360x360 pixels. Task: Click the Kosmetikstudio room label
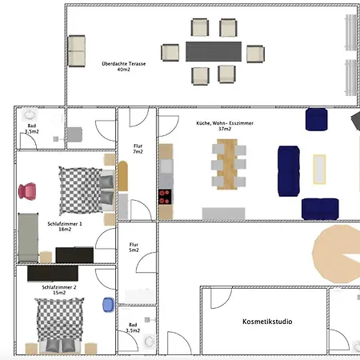(267, 322)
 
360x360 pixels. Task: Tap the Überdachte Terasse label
(124, 66)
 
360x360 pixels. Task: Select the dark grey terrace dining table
(214, 51)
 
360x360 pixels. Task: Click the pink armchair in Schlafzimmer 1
(27, 191)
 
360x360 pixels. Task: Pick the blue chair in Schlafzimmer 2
(108, 305)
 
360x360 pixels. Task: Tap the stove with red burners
(165, 197)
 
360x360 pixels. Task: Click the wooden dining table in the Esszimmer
(227, 164)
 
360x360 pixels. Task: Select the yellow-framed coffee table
(319, 170)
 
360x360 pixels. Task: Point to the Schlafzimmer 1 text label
(65, 226)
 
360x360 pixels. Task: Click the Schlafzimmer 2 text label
(59, 290)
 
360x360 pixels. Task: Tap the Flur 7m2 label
(138, 149)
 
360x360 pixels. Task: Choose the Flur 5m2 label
(134, 247)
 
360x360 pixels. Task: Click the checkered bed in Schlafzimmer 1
(87, 190)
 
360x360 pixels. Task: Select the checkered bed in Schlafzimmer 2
(59, 325)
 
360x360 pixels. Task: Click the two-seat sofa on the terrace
(77, 51)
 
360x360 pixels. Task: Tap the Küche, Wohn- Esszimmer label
(225, 126)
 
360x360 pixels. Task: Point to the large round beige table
(336, 254)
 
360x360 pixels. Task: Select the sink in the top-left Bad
(29, 115)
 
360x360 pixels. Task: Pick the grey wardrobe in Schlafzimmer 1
(28, 238)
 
